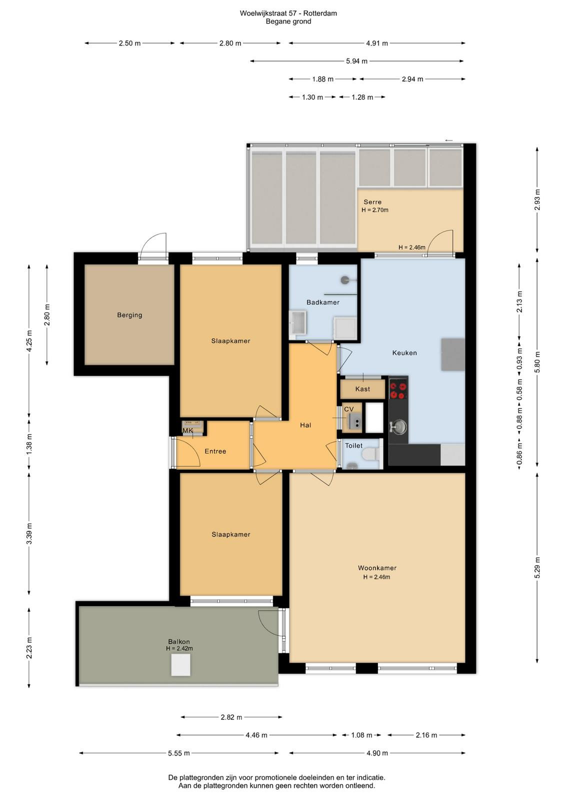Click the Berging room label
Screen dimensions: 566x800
pos(129,315)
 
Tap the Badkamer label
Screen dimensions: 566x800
pos(323,302)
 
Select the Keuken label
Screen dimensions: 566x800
pos(404,353)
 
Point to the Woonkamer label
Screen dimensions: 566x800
pos(377,568)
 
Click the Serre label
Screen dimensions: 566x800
pos(372,202)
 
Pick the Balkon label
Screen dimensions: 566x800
pos(179,641)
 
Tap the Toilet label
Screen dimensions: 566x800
pos(353,445)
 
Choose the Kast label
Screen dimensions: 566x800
pos(362,389)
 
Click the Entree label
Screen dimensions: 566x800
pos(215,451)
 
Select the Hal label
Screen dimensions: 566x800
pos(305,425)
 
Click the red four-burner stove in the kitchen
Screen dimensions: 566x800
pos(398,390)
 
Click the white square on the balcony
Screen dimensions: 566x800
pos(180,664)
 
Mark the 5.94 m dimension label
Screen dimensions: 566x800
pos(356,61)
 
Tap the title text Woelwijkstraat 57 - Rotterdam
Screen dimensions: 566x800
pos(288,13)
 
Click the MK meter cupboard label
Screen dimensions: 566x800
pos(188,430)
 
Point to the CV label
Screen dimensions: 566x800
pos(348,409)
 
